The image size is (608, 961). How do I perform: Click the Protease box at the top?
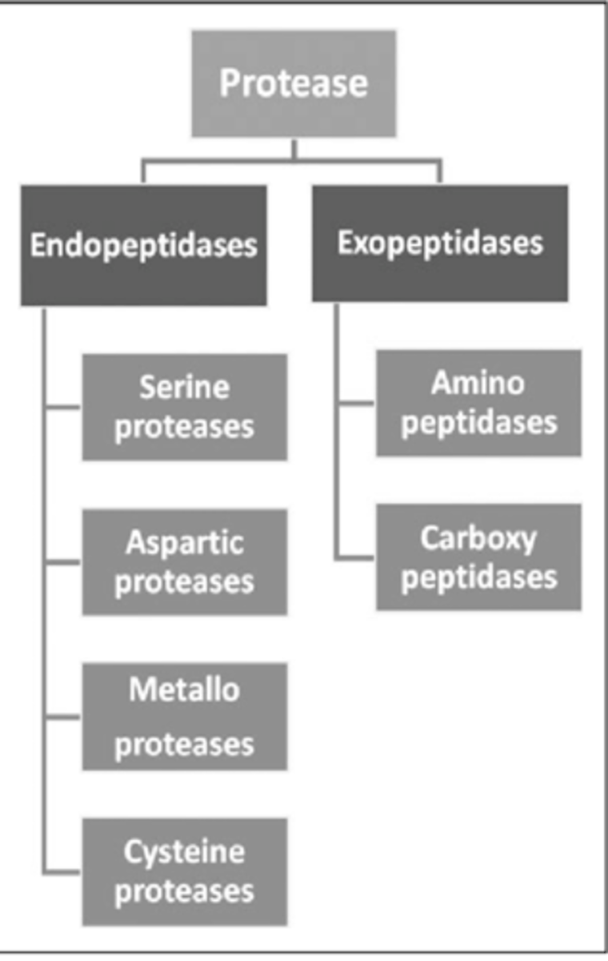point(294,83)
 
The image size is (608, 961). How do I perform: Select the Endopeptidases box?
point(143,245)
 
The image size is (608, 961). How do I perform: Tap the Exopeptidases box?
point(439,243)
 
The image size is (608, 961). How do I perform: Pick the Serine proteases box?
point(184,407)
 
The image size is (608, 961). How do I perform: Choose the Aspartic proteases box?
point(184,562)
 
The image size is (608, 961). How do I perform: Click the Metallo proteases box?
point(184,717)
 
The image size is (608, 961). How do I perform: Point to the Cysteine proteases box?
point(184,871)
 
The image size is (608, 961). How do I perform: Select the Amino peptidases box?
point(478,403)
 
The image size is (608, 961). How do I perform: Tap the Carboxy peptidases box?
point(478,557)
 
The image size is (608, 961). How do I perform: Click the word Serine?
point(184,388)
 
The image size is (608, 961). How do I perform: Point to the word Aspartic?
point(184,544)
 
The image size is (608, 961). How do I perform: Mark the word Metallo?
point(184,690)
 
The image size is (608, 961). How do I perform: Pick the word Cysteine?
point(184,852)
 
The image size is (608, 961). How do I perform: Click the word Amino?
point(478,384)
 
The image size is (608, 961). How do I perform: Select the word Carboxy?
point(478,539)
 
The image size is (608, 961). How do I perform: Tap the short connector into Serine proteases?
point(63,407)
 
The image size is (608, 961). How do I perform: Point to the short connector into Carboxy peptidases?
point(356,557)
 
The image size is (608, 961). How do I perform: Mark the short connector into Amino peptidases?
point(356,403)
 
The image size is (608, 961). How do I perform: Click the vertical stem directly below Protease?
point(294,149)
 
